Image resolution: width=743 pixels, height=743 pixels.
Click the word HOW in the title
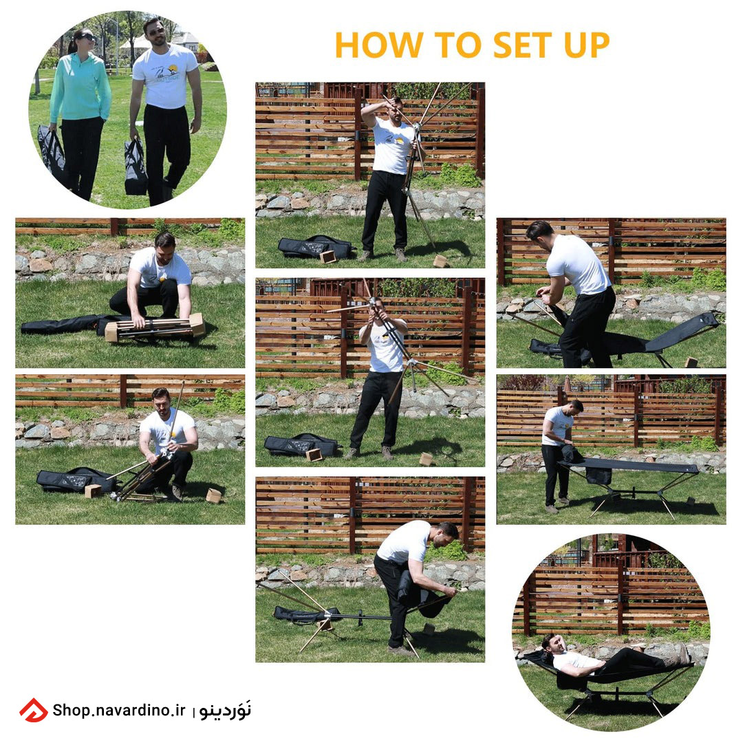coord(378,45)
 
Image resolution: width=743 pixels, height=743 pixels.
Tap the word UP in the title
coord(587,45)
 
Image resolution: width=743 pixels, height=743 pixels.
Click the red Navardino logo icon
coord(34,710)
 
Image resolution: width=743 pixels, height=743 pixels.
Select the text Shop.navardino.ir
coord(119,710)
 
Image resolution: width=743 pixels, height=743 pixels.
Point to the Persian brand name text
coord(226,711)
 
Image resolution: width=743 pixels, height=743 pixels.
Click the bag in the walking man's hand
coord(136,166)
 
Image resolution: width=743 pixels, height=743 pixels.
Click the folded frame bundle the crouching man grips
coord(155,327)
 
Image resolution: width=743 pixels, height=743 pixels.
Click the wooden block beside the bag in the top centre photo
coord(327,257)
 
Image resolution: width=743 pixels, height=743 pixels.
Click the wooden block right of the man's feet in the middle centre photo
coord(426,459)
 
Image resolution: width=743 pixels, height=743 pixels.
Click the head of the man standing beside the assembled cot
coord(576,407)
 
